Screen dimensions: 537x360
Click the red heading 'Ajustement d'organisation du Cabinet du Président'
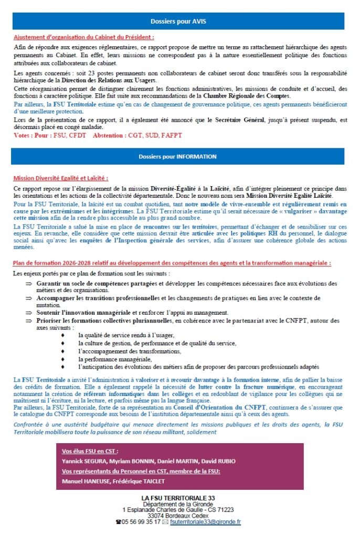[83, 37]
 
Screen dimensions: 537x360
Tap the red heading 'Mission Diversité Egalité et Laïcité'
[61, 178]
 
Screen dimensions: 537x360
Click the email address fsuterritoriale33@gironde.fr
[205, 522]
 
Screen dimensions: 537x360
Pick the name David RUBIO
[218, 461]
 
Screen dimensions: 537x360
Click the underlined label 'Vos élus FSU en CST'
[90, 451]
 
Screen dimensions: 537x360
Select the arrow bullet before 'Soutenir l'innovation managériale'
[28, 313]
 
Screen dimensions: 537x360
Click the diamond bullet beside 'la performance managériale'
[63, 359]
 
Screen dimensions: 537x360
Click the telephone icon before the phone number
[119, 522]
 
